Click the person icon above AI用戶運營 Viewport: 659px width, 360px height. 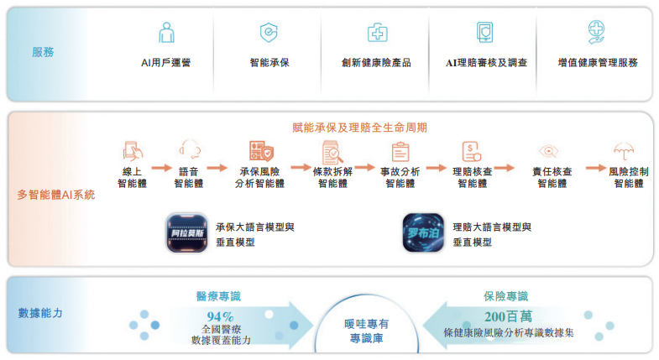coord(166,33)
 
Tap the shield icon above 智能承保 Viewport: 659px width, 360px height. coord(269,33)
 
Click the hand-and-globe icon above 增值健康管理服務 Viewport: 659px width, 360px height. coord(597,33)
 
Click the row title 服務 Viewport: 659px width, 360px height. coord(43,52)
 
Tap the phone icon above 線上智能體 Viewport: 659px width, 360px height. coord(133,151)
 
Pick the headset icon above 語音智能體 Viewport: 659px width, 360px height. coord(189,151)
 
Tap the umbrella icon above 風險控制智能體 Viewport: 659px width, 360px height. coord(623,151)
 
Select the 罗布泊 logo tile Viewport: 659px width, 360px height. coord(423,233)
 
